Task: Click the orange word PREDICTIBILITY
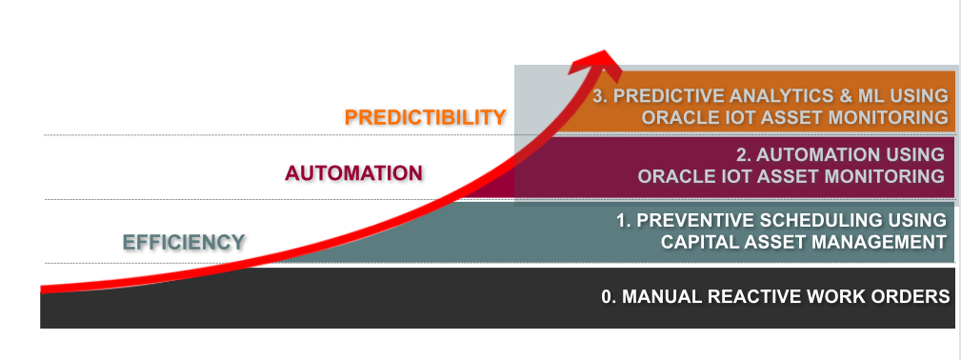click(426, 117)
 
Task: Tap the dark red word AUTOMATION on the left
click(353, 173)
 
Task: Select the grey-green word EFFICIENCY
click(184, 242)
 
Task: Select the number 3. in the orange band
click(601, 95)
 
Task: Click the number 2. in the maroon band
click(744, 154)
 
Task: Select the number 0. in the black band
click(609, 297)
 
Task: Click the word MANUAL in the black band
click(662, 297)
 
